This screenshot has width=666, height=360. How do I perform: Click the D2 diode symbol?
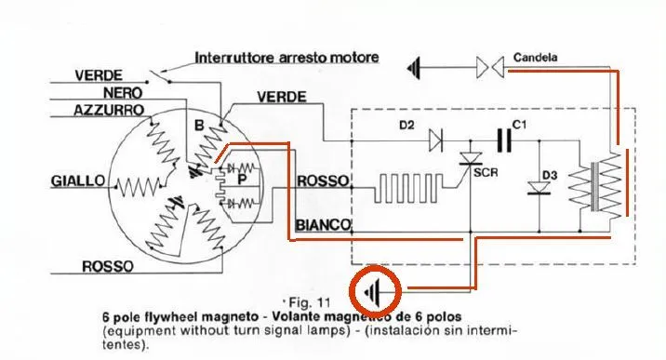436,140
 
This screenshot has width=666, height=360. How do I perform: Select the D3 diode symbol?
539,189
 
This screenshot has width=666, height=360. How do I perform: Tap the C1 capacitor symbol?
504,140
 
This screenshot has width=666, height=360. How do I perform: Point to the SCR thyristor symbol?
471,159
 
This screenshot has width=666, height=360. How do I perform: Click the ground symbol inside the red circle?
372,291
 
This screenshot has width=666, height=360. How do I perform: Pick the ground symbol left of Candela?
414,68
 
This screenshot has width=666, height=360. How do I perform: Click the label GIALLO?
78,181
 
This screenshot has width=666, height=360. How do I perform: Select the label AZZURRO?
109,111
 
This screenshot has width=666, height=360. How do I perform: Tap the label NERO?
123,92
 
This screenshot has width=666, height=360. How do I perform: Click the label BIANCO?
323,225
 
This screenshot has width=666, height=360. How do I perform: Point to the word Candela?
535,57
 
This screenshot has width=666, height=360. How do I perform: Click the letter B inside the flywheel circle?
199,126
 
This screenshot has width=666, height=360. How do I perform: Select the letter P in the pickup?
242,180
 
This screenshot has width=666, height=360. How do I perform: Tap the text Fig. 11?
309,302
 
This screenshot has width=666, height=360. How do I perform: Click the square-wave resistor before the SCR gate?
407,187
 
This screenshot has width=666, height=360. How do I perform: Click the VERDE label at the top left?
99,75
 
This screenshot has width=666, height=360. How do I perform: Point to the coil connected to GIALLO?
137,187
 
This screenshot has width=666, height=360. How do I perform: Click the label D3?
550,175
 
